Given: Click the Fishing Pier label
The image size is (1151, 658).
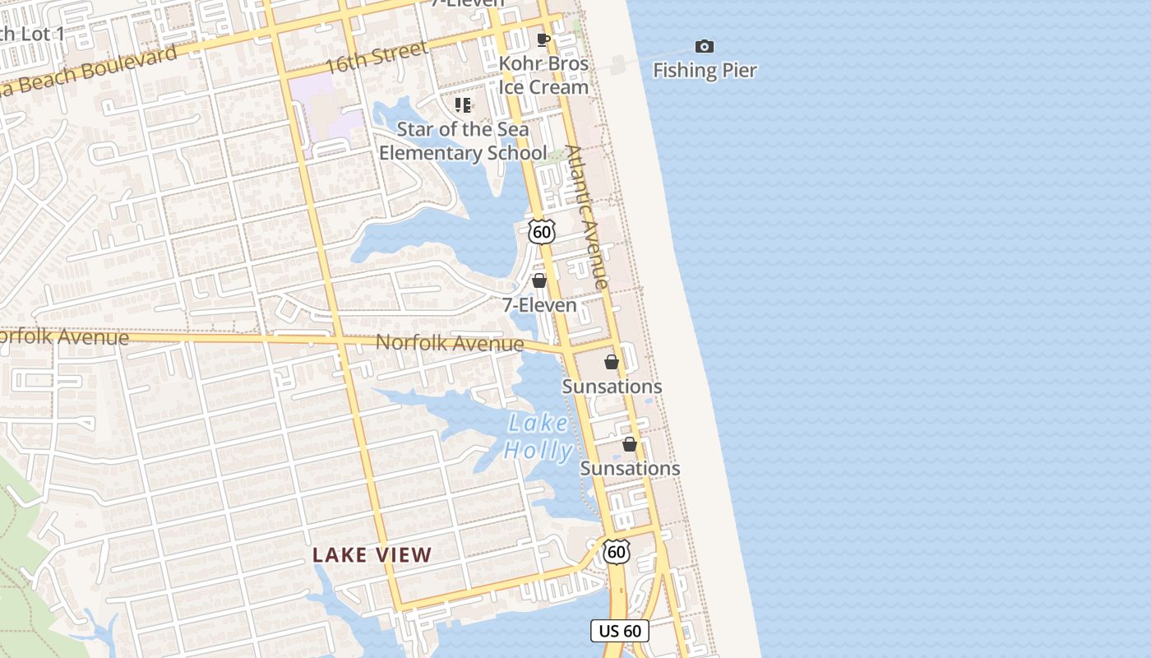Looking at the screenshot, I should pyautogui.click(x=705, y=71).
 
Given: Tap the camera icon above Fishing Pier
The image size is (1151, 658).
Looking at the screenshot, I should pyautogui.click(x=705, y=47).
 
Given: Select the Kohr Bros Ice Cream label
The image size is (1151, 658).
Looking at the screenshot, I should pyautogui.click(x=544, y=75).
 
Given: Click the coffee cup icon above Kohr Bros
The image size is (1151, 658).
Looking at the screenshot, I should pyautogui.click(x=543, y=39).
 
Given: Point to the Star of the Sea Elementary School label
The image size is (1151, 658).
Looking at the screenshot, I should pyautogui.click(x=463, y=141).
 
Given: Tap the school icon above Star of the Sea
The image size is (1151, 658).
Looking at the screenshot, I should pyautogui.click(x=463, y=105).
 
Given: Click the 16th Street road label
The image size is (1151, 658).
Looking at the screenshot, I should pyautogui.click(x=377, y=58).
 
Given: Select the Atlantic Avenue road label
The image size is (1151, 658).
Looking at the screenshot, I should pyautogui.click(x=588, y=217).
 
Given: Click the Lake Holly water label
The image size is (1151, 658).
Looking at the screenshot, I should pyautogui.click(x=539, y=437).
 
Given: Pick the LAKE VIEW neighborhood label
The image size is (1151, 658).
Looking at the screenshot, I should pyautogui.click(x=372, y=555).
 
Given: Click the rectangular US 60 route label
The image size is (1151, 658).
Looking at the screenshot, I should pyautogui.click(x=620, y=631).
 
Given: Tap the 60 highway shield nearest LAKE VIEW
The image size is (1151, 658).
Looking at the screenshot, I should pyautogui.click(x=617, y=551).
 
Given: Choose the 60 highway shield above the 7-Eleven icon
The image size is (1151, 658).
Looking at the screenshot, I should pyautogui.click(x=541, y=232).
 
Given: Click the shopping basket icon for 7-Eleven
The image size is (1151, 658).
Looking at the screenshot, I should pyautogui.click(x=539, y=281).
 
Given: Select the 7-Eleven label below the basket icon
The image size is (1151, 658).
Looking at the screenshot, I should pyautogui.click(x=539, y=305).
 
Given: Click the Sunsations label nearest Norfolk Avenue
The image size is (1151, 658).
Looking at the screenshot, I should pyautogui.click(x=612, y=387).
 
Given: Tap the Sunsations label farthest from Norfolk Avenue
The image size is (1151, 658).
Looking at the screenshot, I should pyautogui.click(x=630, y=468).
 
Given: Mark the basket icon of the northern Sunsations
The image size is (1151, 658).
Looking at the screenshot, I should pyautogui.click(x=612, y=362).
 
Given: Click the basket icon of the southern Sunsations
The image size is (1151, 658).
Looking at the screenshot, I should pyautogui.click(x=630, y=445).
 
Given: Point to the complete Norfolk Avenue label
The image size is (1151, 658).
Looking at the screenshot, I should pyautogui.click(x=449, y=343).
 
